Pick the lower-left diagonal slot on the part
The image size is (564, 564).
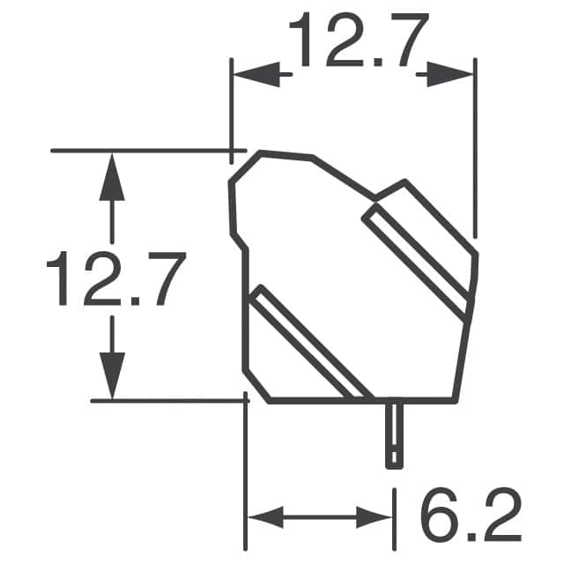(x=308, y=344)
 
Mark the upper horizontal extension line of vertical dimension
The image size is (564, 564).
(x=141, y=151)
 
